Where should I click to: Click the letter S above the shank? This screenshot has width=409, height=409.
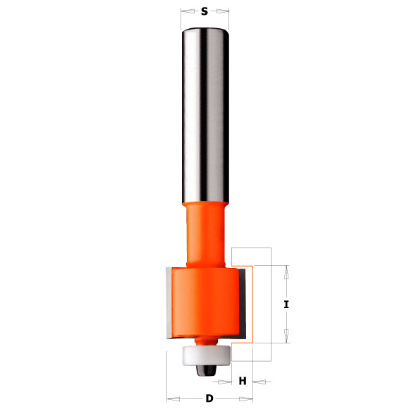pos(204,11)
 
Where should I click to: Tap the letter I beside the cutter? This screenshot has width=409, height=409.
pos(286,305)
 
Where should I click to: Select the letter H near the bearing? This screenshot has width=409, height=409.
pos(243,381)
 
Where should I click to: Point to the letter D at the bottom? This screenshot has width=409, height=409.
pos(209,399)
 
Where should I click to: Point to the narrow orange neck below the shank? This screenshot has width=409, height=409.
pos(204,233)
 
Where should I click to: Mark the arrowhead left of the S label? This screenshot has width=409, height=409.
pos(185,11)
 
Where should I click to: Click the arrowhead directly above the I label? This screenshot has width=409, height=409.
pos(286,270)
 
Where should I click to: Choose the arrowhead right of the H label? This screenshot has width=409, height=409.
pos(258,381)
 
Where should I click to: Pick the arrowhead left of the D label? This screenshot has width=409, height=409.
pos(170,399)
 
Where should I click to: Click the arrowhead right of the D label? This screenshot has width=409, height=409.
pos(248,399)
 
